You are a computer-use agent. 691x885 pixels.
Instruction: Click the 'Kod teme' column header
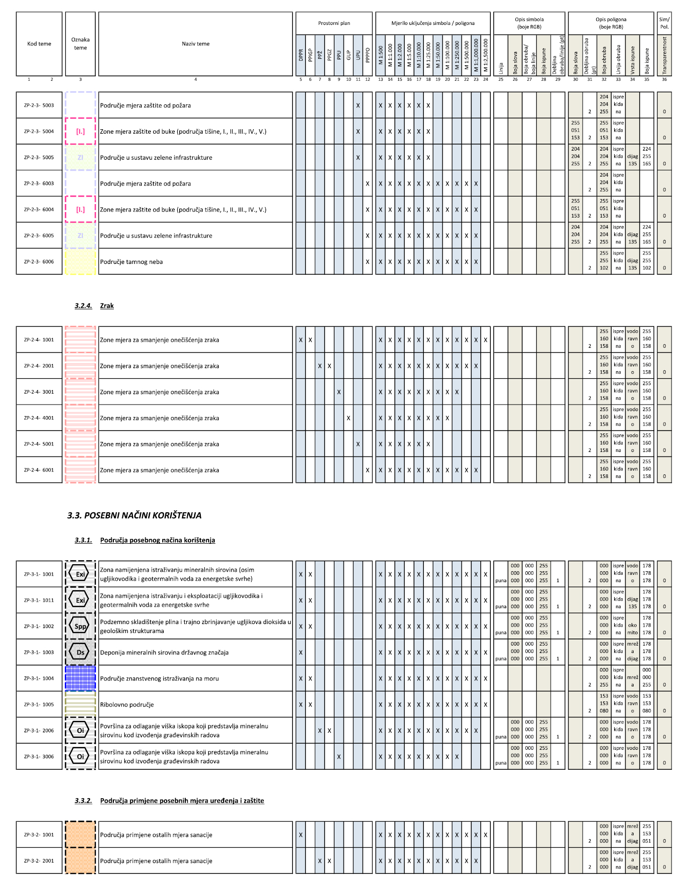coord(39,44)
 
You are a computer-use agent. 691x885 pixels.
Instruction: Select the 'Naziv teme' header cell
coord(195,44)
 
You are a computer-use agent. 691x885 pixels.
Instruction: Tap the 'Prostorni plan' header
coord(334,23)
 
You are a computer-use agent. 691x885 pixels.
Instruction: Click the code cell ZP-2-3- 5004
coord(39,132)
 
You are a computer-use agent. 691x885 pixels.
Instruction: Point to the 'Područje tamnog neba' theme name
coord(131,262)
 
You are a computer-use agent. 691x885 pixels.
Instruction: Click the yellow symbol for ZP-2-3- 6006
coord(80,262)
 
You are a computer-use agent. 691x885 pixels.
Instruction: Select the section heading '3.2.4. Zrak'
coord(94,306)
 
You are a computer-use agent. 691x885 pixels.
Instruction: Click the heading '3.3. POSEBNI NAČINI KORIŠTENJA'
coord(134,515)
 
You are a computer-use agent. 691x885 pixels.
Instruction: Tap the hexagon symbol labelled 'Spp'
coord(80,627)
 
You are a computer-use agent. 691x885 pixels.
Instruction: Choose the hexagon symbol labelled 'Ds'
coord(80,653)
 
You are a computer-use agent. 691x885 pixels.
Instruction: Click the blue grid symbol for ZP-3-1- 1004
coord(80,678)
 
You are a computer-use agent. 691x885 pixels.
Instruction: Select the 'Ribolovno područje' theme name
coord(127,705)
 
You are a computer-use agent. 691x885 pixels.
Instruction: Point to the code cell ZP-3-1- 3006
coord(39,757)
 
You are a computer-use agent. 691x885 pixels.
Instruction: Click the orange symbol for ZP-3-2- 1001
coord(80,835)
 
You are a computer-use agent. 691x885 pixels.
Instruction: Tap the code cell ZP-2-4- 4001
coord(39,418)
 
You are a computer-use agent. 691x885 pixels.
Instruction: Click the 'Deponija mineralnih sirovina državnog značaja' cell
coord(164,653)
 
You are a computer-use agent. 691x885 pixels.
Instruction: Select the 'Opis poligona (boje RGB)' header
coord(611,23)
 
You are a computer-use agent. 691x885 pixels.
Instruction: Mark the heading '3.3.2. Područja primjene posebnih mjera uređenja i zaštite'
coord(169,801)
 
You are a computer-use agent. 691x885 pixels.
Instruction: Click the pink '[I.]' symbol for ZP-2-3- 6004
coord(80,210)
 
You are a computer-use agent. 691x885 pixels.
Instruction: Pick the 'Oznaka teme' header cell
coord(80,44)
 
